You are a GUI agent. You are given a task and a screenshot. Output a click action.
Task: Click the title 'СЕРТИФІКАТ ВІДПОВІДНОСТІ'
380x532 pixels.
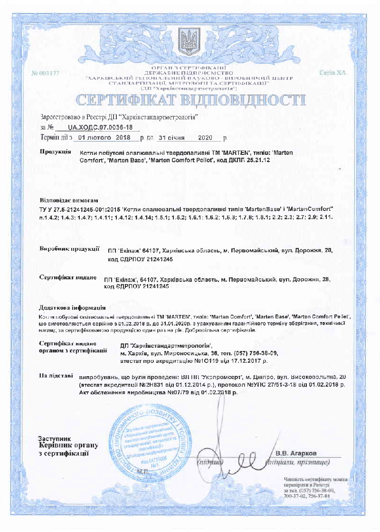point(190,100)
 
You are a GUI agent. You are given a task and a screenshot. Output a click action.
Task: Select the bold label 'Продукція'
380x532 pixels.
point(55,152)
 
